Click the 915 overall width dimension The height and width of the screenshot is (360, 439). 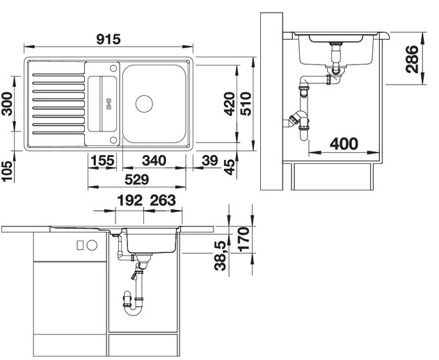pyautogui.click(x=109, y=39)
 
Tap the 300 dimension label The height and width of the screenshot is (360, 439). pyautogui.click(x=7, y=104)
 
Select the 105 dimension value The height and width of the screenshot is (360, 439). pyautogui.click(x=7, y=171)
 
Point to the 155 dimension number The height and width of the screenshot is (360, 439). pyautogui.click(x=102, y=161)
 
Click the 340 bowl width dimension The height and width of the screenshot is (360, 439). pyautogui.click(x=154, y=161)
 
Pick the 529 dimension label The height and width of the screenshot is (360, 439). pyautogui.click(x=136, y=179)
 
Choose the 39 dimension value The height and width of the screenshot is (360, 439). pyautogui.click(x=209, y=161)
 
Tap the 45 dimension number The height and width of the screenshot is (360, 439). pyautogui.click(x=230, y=167)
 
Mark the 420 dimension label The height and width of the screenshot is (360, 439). pyautogui.click(x=230, y=104)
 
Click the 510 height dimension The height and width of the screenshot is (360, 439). pyautogui.click(x=246, y=104)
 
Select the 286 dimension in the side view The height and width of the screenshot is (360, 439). pyautogui.click(x=412, y=59)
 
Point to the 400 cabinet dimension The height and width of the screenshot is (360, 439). pyautogui.click(x=344, y=144)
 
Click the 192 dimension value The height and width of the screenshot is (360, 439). pyautogui.click(x=129, y=200)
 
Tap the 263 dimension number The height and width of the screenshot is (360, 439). pyautogui.click(x=163, y=200)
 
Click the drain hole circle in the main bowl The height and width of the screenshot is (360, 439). pyautogui.click(x=144, y=104)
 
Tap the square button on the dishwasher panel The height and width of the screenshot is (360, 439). pyautogui.click(x=80, y=245)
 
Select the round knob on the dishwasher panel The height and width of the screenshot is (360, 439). pyautogui.click(x=92, y=245)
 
